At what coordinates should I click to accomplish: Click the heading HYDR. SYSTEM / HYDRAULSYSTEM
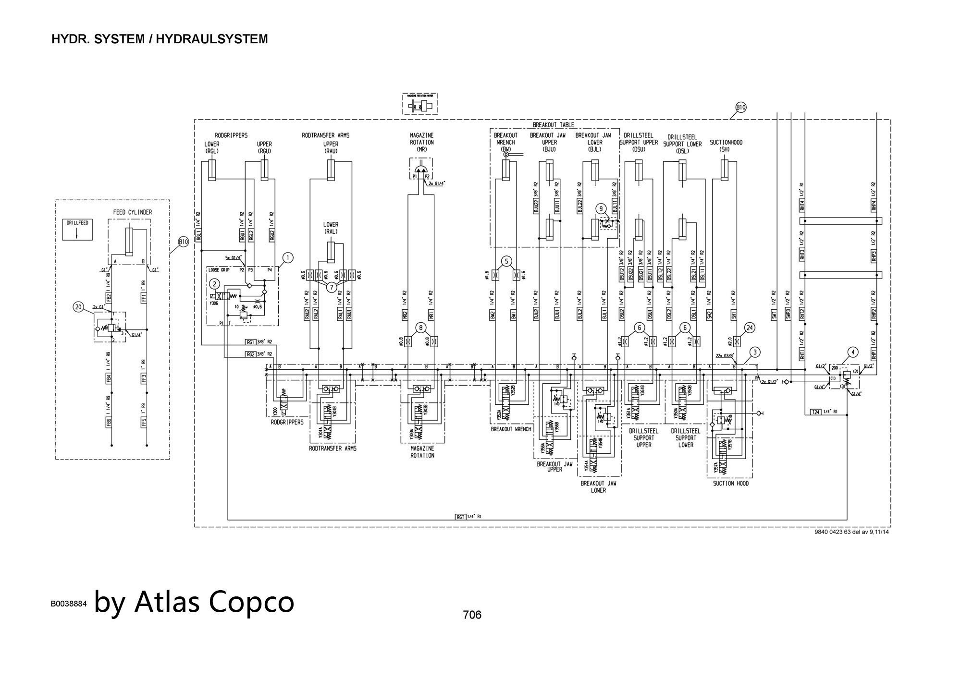[160, 39]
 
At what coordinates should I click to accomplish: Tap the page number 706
[472, 615]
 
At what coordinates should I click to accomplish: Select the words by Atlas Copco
[194, 601]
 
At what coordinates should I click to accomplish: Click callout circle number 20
[78, 307]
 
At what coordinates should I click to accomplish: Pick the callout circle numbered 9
[601, 209]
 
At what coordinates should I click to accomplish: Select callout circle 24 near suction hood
[750, 328]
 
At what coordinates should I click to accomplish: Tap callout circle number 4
[853, 352]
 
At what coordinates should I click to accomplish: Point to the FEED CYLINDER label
[133, 212]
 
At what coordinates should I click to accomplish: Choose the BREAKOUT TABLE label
[553, 125]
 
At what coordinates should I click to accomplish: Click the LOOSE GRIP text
[219, 270]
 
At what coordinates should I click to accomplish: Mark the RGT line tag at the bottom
[460, 517]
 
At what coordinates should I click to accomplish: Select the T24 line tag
[815, 412]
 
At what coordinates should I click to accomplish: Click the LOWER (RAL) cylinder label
[331, 228]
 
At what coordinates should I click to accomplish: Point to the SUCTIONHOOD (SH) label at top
[726, 145]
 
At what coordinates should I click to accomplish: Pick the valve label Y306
[214, 303]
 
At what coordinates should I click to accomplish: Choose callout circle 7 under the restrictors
[332, 287]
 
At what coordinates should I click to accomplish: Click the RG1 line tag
[250, 342]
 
